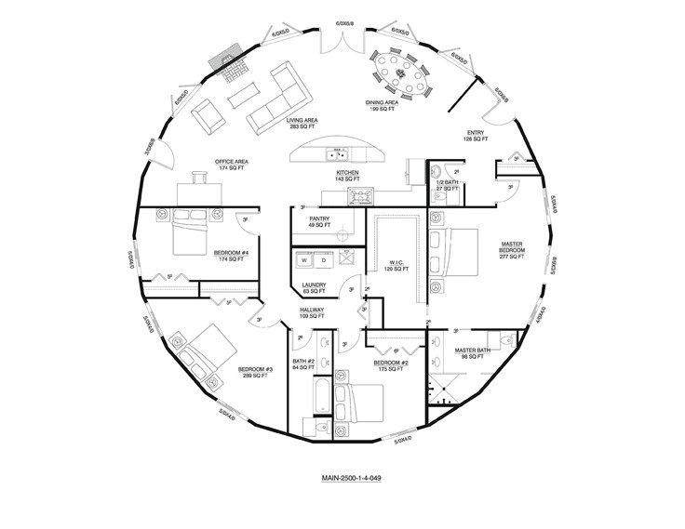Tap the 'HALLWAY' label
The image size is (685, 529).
[311, 312]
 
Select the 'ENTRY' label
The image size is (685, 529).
[476, 135]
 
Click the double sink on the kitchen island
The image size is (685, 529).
[336, 152]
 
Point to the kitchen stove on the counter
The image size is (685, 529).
[360, 194]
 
